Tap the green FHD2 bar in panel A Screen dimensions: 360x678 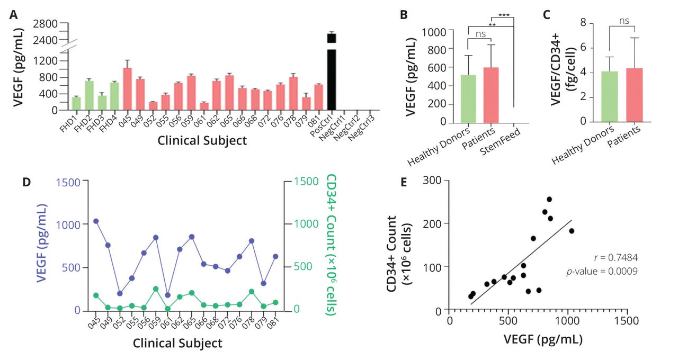click(x=89, y=95)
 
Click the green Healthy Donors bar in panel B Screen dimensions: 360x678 click(x=468, y=98)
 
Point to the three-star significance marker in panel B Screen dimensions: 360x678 click(x=504, y=15)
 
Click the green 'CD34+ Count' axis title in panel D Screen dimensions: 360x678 click(x=332, y=245)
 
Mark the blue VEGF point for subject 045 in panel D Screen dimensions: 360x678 click(x=96, y=221)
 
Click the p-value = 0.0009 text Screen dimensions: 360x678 click(x=602, y=271)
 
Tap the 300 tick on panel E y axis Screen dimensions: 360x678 click(x=433, y=181)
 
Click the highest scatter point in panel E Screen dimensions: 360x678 click(x=549, y=200)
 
